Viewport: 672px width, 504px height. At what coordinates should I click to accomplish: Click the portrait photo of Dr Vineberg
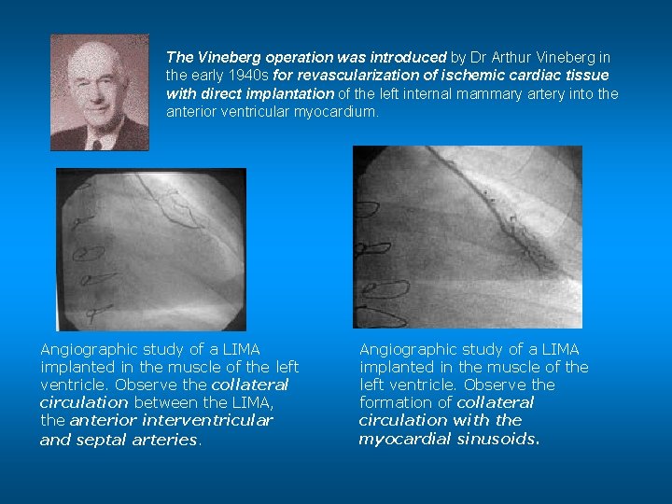tap(99, 92)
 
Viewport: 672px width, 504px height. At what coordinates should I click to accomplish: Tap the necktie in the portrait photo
tap(95, 143)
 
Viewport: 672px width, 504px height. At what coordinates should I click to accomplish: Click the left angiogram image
tap(151, 249)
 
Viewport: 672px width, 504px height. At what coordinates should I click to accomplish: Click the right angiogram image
tap(467, 237)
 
